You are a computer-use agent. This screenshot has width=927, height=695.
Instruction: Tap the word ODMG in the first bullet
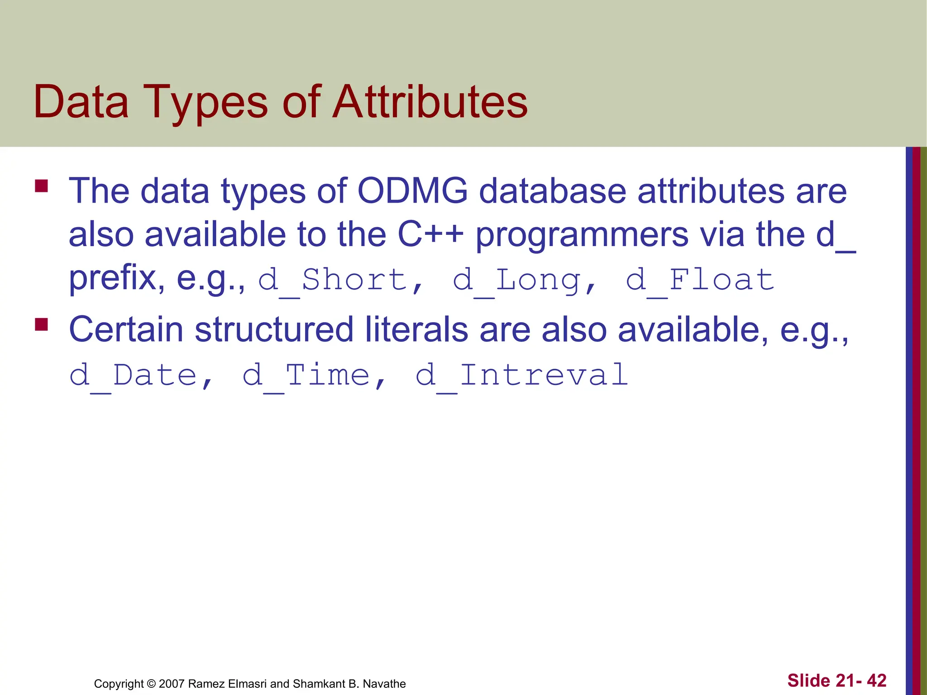(412, 191)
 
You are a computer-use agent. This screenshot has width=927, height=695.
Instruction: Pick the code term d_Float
(700, 280)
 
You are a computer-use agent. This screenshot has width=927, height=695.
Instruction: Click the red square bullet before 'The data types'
(42, 186)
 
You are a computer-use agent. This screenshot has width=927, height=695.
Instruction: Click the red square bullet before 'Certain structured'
(42, 325)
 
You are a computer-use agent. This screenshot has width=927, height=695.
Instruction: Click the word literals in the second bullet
(416, 329)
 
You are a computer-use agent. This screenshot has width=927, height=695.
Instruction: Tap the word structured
(274, 329)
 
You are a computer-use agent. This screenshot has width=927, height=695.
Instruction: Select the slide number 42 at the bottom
(876, 681)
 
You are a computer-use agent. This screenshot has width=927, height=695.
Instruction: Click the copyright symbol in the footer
(151, 684)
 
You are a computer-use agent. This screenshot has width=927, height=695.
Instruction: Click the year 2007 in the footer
(172, 684)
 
